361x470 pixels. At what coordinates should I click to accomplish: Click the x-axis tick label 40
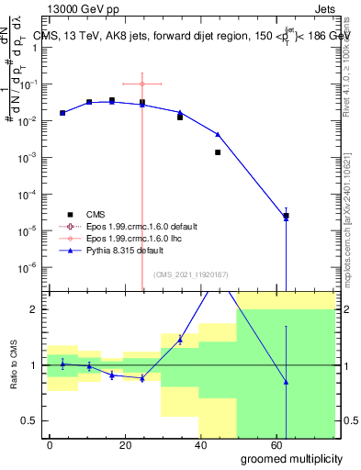pyautogui.click(x=190, y=443)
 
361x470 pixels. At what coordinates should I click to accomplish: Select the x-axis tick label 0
pyautogui.click(x=50, y=443)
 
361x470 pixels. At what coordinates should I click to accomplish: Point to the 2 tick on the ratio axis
pyautogui.click(x=35, y=309)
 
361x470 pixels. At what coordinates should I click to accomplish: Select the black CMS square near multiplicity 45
pyautogui.click(x=218, y=152)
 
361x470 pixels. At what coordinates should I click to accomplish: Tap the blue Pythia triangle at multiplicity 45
pyautogui.click(x=218, y=134)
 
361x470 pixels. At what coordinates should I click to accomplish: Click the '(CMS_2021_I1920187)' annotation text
pyautogui.click(x=190, y=274)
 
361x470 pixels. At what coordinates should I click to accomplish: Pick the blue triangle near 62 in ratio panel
pyautogui.click(x=287, y=382)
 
